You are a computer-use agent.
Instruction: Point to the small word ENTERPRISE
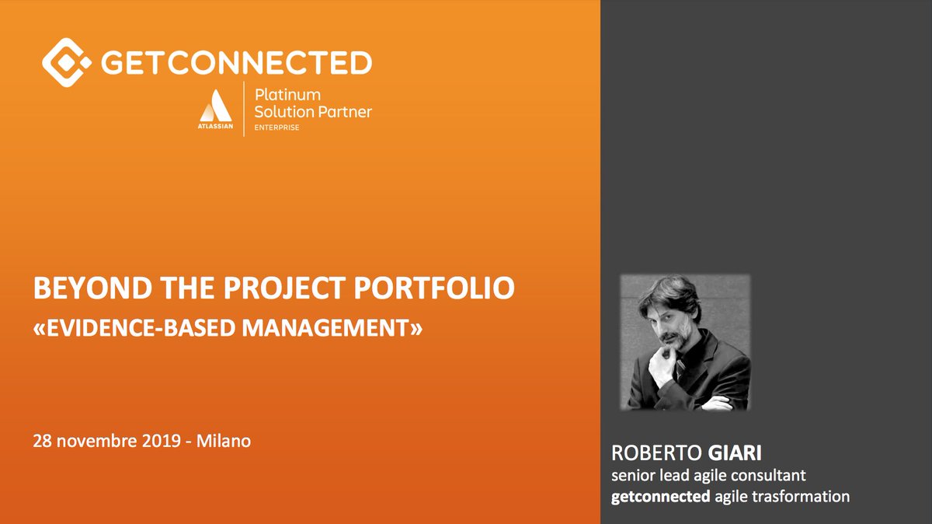(277, 128)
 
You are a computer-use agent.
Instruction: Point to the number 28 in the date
(43, 441)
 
